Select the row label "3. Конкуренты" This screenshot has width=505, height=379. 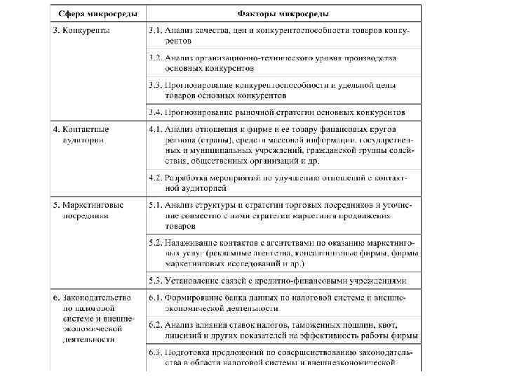82,32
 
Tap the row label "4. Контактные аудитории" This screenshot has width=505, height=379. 81,135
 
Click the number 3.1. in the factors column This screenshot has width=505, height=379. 156,32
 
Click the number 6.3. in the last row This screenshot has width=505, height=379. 156,353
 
